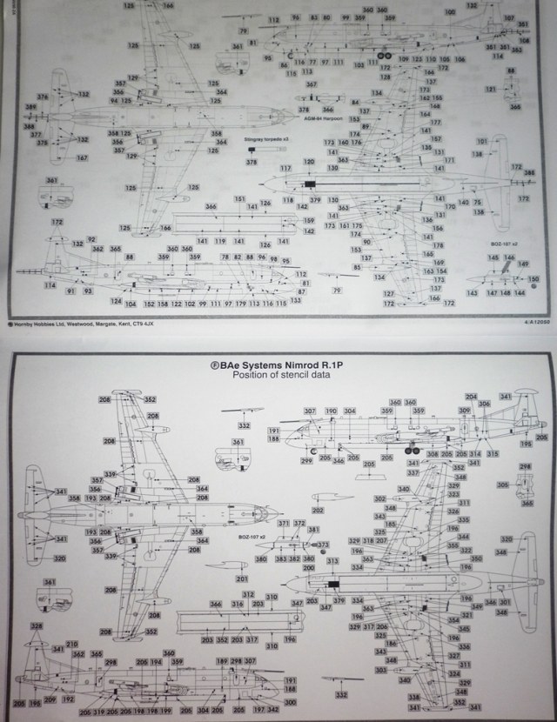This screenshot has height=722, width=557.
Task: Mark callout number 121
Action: pyautogui.click(x=491, y=89)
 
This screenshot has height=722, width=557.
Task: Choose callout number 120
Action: pyautogui.click(x=309, y=162)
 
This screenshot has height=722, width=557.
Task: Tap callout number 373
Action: pyautogui.click(x=324, y=545)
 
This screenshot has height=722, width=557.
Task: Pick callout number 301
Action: pyautogui.click(x=503, y=603)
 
